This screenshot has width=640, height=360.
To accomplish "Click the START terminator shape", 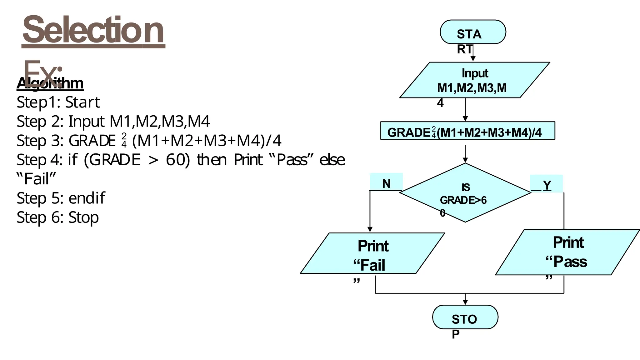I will point(472,32).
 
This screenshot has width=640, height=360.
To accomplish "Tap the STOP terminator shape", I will point(465,317).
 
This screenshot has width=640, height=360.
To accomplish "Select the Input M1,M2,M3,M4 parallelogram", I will point(474,80).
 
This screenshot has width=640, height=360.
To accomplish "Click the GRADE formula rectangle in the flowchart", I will point(467,131).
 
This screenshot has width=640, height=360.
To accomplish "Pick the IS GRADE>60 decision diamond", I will point(465,193).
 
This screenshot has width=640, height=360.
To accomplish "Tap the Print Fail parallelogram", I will point(372,253).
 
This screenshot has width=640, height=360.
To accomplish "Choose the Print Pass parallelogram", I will point(567,252).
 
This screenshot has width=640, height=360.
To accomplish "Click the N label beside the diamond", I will point(386,183).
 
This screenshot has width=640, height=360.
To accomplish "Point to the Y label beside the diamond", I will point(547,185).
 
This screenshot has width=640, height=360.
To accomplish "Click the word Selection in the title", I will point(93,30).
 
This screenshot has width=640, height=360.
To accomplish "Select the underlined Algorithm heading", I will point(50,83).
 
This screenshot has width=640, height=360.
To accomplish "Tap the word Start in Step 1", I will point(82,102).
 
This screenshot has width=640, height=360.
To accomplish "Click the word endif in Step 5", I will point(87,198).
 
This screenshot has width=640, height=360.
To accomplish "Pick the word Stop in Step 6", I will point(83,217).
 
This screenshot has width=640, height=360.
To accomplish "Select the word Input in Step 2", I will point(87,121).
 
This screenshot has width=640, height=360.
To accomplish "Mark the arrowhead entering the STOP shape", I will point(465,302).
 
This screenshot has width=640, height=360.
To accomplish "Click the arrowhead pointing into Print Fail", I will point(370,229).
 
